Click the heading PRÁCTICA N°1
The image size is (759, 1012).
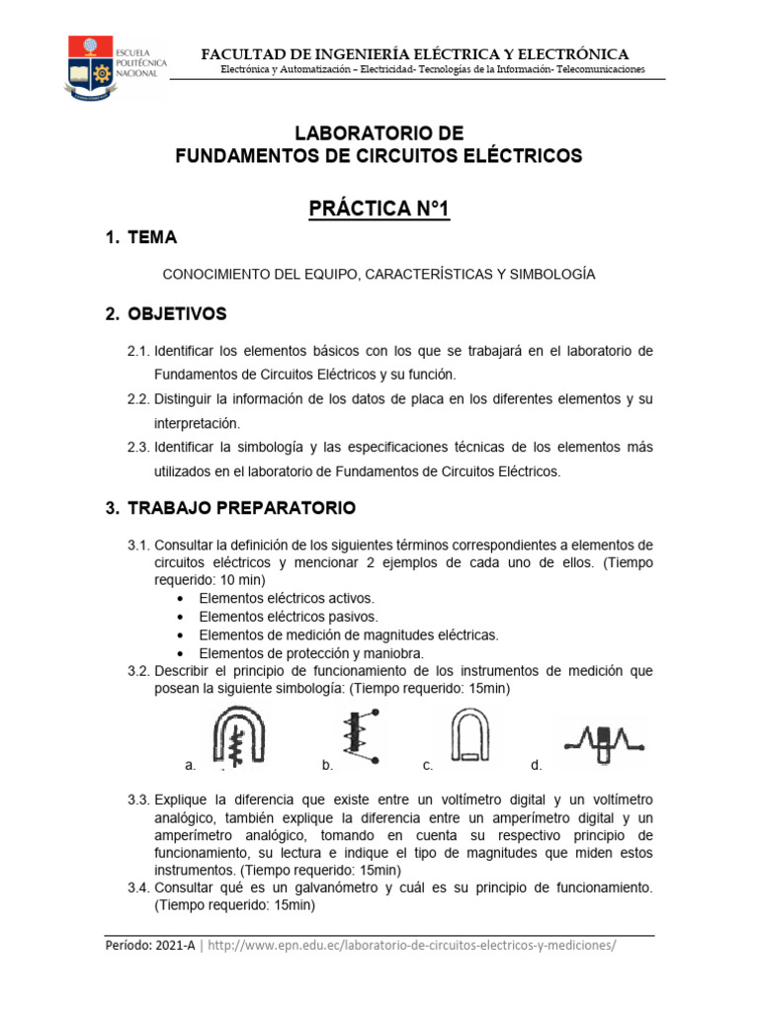point(379,210)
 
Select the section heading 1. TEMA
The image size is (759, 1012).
point(141,237)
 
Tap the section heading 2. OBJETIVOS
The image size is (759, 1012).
point(166,314)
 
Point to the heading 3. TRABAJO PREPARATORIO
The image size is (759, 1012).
point(230,508)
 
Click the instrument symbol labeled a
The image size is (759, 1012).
point(239,738)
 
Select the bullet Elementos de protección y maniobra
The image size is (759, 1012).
point(311,653)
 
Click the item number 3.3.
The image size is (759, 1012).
point(137,799)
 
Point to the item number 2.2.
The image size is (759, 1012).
point(137,398)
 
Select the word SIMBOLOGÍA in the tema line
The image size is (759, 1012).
point(549,273)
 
